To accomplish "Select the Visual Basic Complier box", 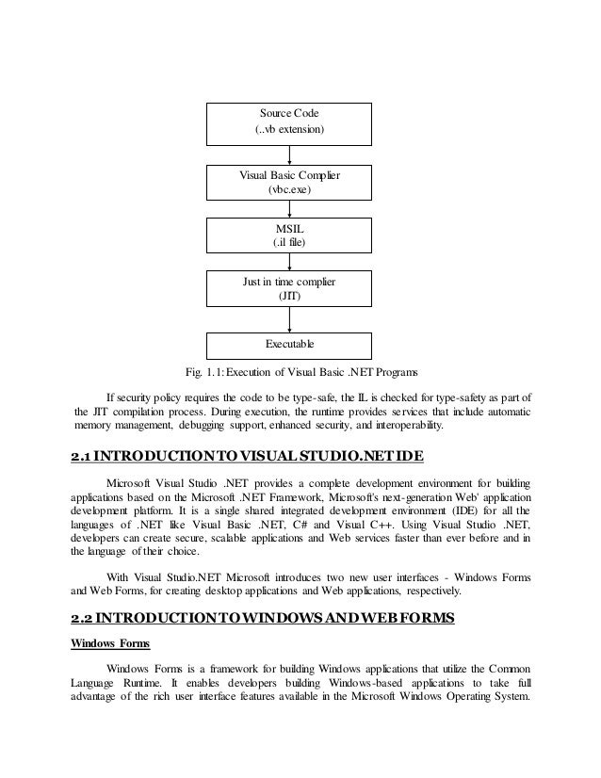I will [x=290, y=184].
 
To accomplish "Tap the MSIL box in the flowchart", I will [x=290, y=235].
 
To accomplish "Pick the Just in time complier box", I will [x=290, y=289].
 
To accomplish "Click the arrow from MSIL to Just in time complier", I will [x=290, y=263].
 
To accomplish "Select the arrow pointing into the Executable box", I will [x=290, y=319].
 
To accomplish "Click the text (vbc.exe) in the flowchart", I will [x=290, y=191].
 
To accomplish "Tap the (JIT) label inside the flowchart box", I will [x=290, y=297].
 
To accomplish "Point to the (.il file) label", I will [x=290, y=243].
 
